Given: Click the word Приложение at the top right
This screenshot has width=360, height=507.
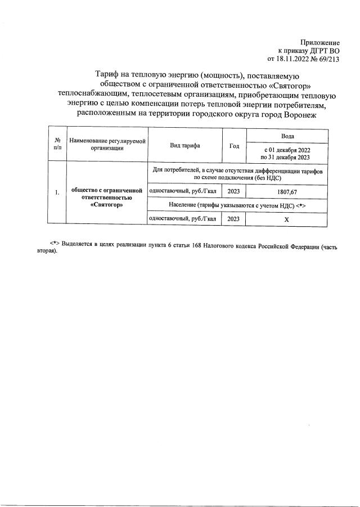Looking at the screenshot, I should point(319,42).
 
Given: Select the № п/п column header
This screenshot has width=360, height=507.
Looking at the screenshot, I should point(57,144).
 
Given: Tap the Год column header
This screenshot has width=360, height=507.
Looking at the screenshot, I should point(235,146).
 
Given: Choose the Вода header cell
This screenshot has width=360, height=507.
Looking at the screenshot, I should point(286,137).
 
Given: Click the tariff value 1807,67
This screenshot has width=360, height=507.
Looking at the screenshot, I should point(286,191).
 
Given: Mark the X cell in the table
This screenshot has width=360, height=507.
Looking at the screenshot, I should point(286,220).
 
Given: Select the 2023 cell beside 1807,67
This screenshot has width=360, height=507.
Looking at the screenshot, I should point(235,191).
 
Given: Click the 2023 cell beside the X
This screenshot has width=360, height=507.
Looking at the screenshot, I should point(235,219).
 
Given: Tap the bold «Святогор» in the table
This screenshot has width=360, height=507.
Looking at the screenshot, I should point(106,205).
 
